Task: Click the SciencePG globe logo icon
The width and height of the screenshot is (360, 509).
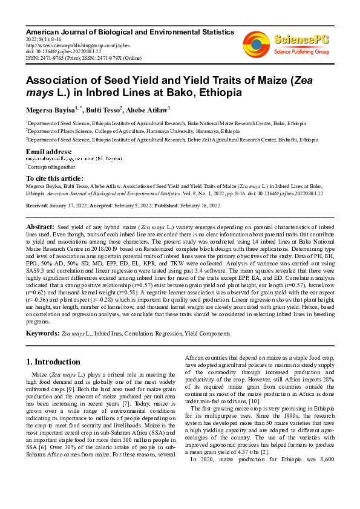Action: click(x=256, y=43)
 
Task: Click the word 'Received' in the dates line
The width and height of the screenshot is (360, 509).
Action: click(x=38, y=206)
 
